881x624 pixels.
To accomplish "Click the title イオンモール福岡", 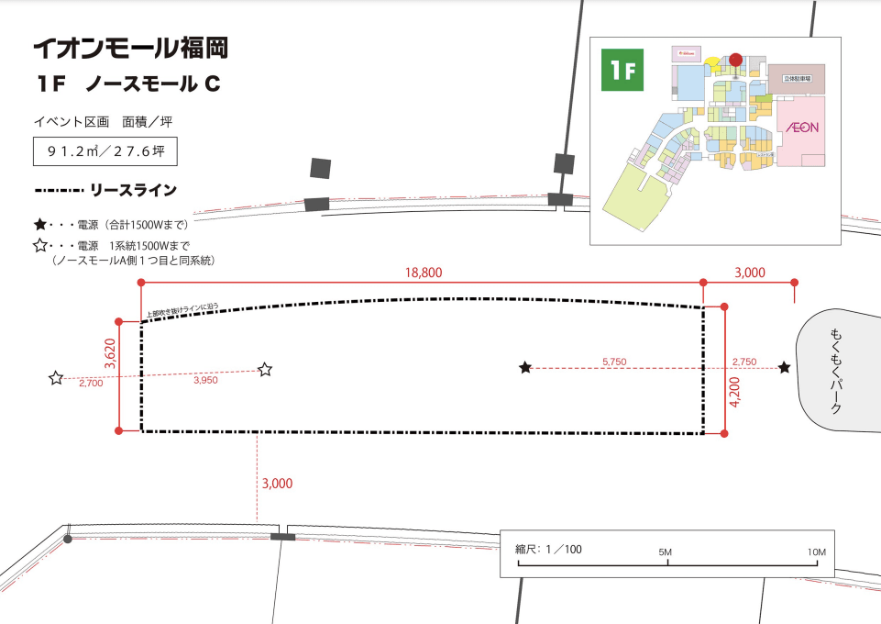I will [129, 48].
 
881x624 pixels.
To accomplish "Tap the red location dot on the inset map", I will [735, 61].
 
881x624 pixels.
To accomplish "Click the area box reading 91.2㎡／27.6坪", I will [98, 150].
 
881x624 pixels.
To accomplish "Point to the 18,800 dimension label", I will [423, 272].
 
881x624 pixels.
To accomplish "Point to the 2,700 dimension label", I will [91, 384].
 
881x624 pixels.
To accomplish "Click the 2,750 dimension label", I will [743, 362].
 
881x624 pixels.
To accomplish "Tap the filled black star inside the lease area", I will [525, 368].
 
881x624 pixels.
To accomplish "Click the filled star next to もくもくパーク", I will [785, 368].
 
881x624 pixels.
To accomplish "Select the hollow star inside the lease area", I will [265, 370].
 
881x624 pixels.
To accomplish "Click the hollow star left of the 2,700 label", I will [56, 377].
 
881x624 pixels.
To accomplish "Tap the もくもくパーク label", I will [835, 371].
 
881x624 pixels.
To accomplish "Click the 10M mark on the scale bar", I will [817, 552].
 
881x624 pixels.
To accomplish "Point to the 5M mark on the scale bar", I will [667, 552].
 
